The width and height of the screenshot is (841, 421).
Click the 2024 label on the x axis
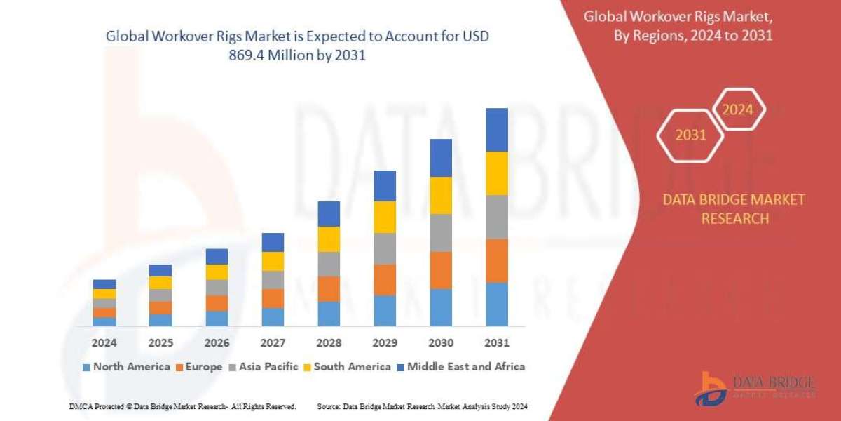click(104, 343)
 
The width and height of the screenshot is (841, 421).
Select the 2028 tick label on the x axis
click(329, 343)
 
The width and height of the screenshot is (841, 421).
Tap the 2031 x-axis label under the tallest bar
click(496, 343)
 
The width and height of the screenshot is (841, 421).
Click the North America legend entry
click(126, 366)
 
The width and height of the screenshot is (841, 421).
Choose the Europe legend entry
click(199, 366)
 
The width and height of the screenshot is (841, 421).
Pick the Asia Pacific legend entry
click(264, 366)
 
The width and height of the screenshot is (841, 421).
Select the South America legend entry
click(347, 366)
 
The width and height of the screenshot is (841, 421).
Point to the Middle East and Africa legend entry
click(461, 366)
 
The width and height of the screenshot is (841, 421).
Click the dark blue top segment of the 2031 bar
click(496, 130)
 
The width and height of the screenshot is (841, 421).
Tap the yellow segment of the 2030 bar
click(441, 195)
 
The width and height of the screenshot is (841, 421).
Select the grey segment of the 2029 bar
click(385, 248)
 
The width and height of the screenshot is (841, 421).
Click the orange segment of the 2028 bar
click(329, 288)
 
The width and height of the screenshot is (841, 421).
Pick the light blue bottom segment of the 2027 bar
click(273, 317)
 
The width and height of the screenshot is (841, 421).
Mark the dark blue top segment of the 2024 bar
click(104, 284)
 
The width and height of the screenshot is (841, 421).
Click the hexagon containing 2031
click(690, 135)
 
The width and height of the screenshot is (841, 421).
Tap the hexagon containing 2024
click(737, 109)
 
